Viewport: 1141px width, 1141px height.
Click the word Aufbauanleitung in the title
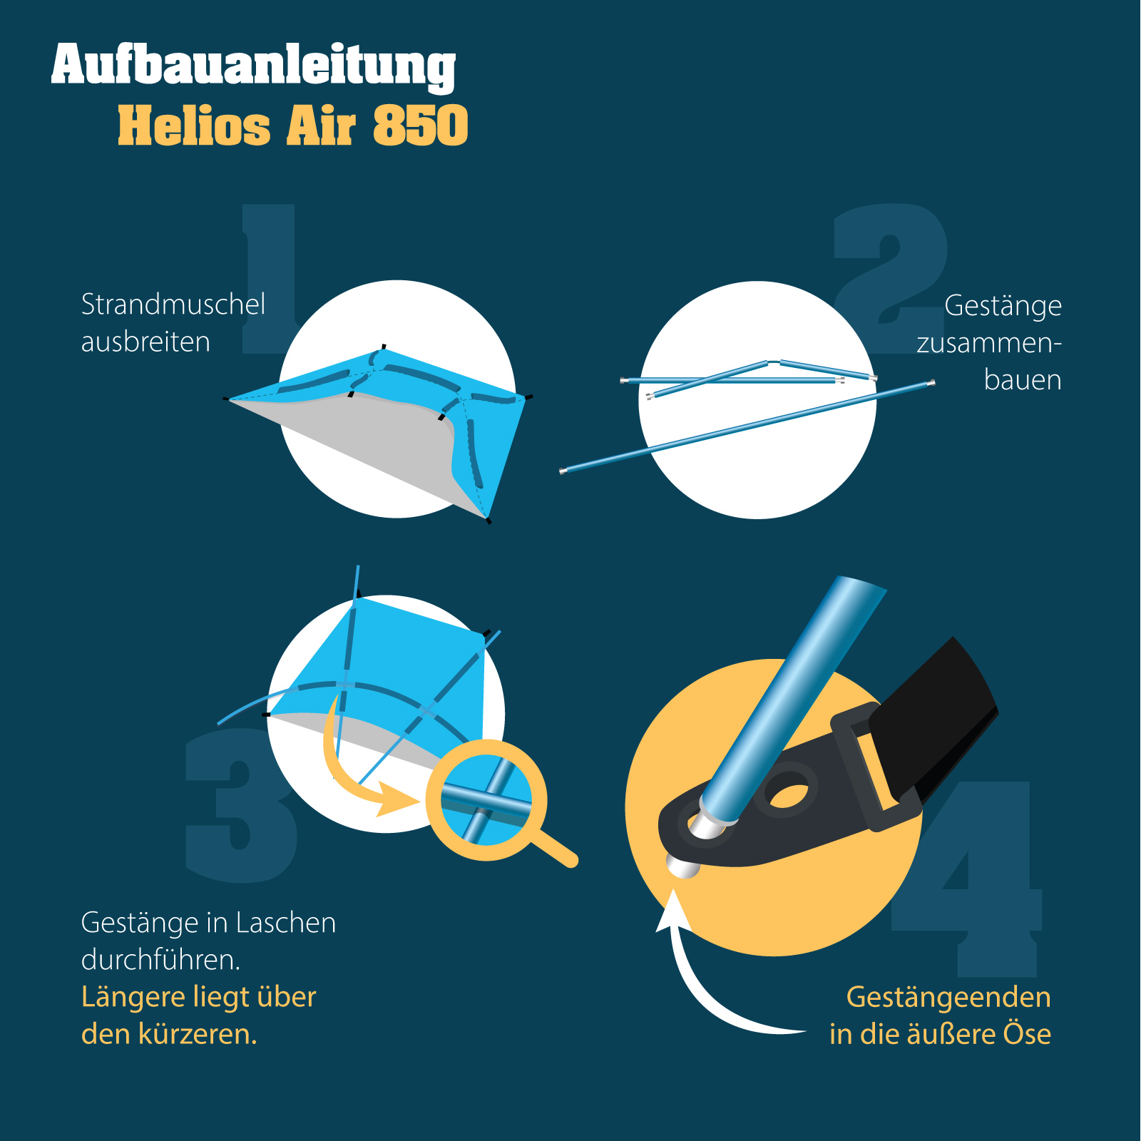coord(253,66)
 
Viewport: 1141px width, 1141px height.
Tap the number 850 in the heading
coord(421,126)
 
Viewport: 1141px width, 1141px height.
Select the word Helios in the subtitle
coord(194,126)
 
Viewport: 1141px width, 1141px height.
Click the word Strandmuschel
coord(173,305)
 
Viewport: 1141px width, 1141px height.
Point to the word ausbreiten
coord(145,342)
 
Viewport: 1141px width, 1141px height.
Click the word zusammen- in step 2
coord(989,343)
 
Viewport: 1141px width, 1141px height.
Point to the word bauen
coord(1023,380)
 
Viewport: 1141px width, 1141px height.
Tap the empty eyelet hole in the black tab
coord(786,794)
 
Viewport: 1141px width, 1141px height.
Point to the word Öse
coord(1027,1033)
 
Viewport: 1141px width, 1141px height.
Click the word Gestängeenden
coord(948,998)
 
